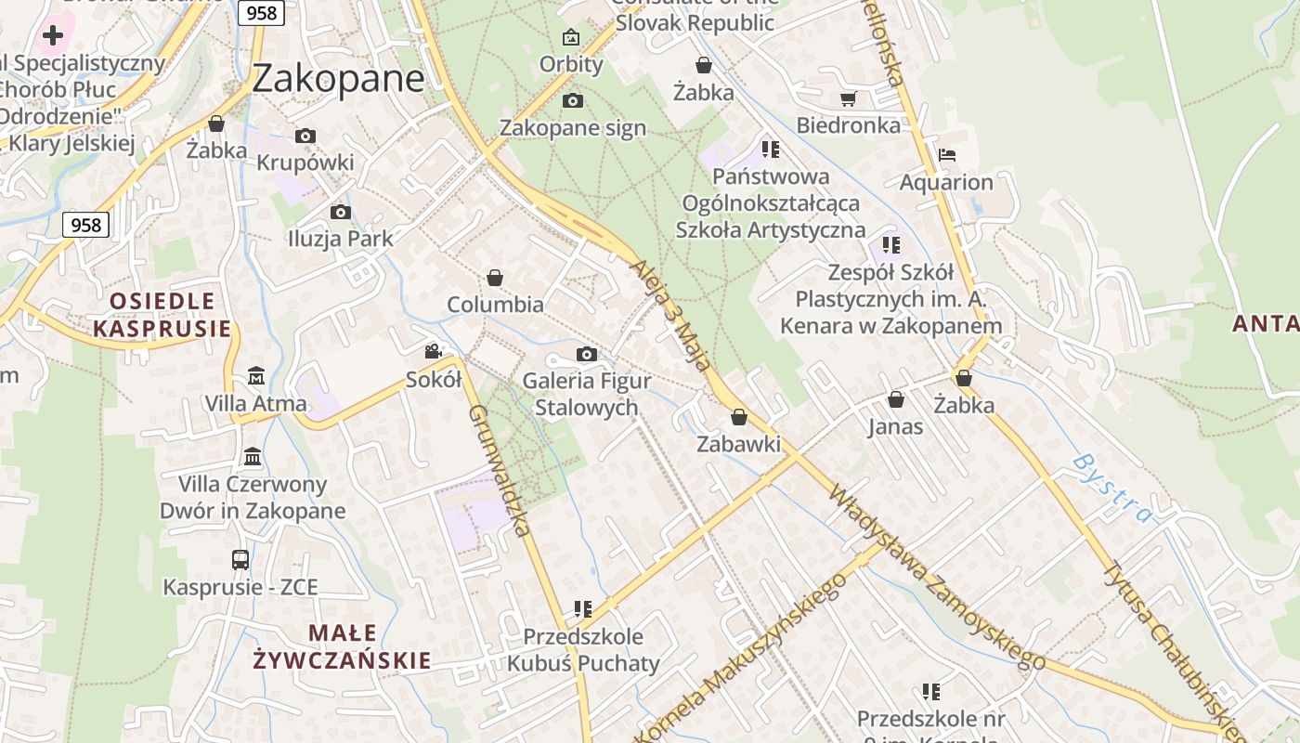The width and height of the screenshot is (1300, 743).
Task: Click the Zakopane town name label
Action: point(338,78)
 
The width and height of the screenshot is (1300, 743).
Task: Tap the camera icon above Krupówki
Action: point(305,136)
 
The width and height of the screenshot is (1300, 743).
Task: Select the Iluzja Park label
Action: point(340,239)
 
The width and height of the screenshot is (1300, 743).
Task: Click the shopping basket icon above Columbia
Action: point(495,278)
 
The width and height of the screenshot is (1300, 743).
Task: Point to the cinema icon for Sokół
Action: point(433,351)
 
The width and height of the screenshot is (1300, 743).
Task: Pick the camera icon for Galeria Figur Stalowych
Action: point(586,354)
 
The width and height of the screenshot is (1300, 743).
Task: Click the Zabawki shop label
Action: point(739,444)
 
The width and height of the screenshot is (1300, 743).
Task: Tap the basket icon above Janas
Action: point(896,399)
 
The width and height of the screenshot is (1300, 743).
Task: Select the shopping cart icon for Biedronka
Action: point(848,98)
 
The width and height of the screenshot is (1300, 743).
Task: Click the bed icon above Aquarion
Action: point(946,154)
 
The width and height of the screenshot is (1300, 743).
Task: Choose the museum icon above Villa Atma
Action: point(256,376)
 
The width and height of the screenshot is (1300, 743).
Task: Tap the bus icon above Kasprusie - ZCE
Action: point(240,559)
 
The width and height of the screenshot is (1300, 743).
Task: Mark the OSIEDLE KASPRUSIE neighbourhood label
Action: point(162,315)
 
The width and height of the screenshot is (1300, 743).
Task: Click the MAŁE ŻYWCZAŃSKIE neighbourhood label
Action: point(342,646)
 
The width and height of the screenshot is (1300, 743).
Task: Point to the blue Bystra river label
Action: point(1111,488)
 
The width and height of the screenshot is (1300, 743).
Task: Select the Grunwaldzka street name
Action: point(500,470)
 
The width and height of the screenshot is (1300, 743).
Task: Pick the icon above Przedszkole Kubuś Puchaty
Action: point(583,609)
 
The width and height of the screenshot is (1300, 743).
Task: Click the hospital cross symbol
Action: point(53,35)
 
